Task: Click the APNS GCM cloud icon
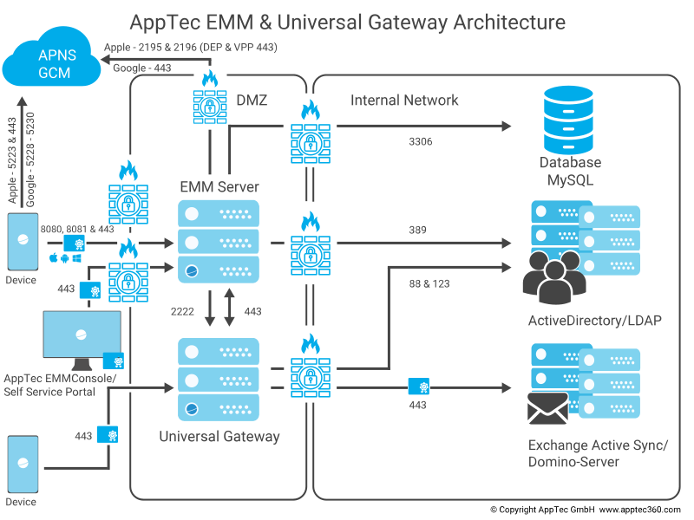click(51, 65)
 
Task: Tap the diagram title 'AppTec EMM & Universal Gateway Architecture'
click(347, 22)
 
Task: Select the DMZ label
click(252, 101)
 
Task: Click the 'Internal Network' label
click(404, 101)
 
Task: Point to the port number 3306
click(421, 141)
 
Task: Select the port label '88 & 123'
click(429, 283)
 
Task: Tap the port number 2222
click(183, 310)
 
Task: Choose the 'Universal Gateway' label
click(219, 436)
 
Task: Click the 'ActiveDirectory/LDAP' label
click(594, 322)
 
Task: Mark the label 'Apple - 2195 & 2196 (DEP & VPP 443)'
click(190, 47)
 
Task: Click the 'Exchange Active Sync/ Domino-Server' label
click(598, 453)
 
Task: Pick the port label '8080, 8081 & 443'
click(77, 229)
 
